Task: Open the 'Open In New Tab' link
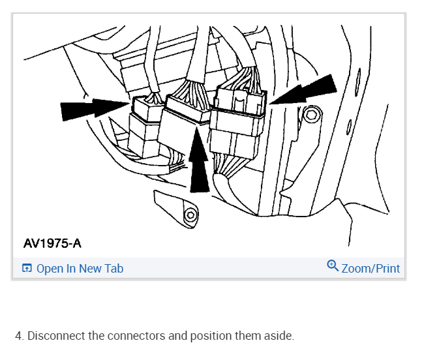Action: pyautogui.click(x=80, y=268)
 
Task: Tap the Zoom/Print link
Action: pyautogui.click(x=371, y=268)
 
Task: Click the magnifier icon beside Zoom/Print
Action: pyautogui.click(x=333, y=266)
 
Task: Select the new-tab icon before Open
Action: pyautogui.click(x=27, y=268)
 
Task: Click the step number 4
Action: pyautogui.click(x=19, y=337)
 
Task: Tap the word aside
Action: pyautogui.click(x=279, y=337)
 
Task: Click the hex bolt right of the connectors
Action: pyautogui.click(x=312, y=116)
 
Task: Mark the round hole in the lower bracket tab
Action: pyautogui.click(x=190, y=215)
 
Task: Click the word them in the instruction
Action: pyautogui.click(x=249, y=337)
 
